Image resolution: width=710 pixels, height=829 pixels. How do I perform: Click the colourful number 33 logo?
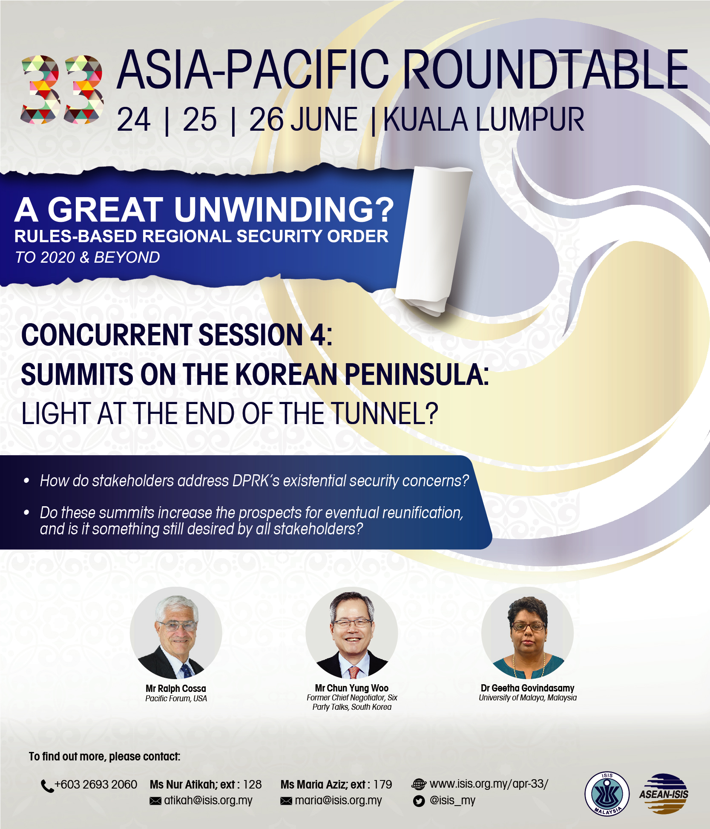coord(62,89)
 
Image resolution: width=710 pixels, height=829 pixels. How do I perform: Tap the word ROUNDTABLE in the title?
coord(545,69)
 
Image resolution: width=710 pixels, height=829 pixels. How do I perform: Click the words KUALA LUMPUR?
coord(484,120)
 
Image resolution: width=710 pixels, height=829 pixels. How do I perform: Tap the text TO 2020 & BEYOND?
coord(88,257)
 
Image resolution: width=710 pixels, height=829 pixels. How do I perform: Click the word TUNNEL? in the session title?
coord(385,413)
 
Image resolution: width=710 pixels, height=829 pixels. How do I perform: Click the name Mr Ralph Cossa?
coord(176,688)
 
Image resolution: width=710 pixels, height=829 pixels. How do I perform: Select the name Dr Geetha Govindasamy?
coord(528,688)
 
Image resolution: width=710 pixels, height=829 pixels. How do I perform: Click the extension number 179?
coord(382,784)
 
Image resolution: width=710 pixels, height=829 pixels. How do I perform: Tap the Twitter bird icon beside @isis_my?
coord(419,801)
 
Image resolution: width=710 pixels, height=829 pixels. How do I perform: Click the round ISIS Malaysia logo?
coord(607,794)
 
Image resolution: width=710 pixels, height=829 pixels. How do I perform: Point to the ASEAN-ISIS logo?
coord(664,794)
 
